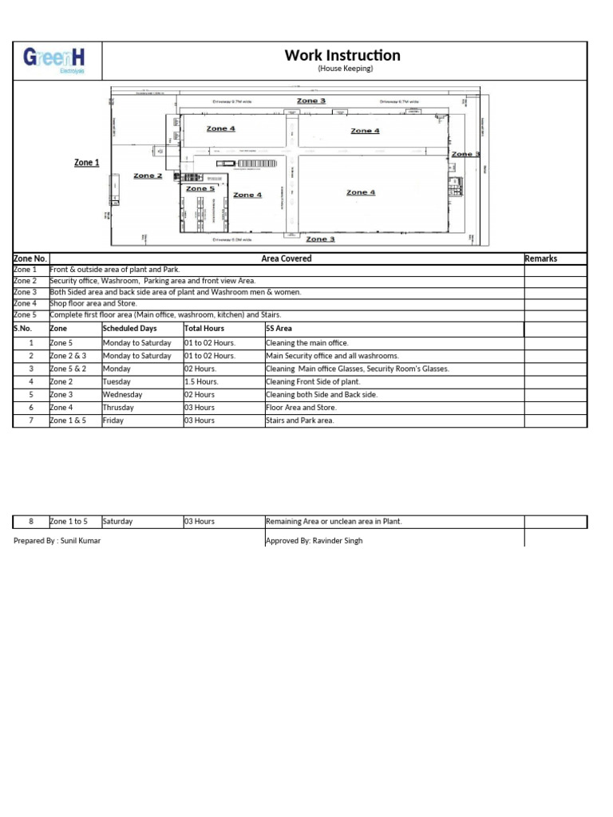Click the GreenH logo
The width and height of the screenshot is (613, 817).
click(x=57, y=61)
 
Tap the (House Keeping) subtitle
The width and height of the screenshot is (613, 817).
click(x=345, y=69)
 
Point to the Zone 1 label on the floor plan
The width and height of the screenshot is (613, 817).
click(x=86, y=163)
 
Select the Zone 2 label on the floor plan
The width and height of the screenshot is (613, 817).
click(x=148, y=176)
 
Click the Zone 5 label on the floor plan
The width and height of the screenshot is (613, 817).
click(x=200, y=188)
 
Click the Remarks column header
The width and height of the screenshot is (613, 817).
click(x=540, y=259)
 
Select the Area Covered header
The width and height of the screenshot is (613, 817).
click(x=286, y=259)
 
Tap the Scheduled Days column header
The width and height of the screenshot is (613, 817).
click(x=130, y=328)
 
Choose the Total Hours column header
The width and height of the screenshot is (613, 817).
click(x=204, y=328)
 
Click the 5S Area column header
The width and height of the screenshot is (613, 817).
click(x=279, y=328)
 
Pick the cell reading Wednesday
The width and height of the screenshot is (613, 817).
click(x=123, y=394)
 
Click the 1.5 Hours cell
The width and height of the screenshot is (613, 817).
click(x=201, y=381)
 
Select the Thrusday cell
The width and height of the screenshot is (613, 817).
click(x=119, y=407)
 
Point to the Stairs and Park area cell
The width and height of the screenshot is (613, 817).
click(x=299, y=420)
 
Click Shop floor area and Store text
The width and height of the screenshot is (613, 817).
click(x=93, y=303)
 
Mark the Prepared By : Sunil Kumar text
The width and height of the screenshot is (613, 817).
click(x=57, y=540)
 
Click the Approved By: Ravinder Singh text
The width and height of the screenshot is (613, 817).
click(x=314, y=540)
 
